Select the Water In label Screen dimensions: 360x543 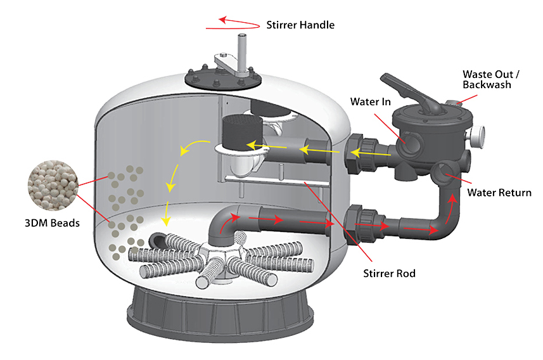(x=371, y=101)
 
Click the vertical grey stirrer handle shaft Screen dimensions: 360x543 (x=241, y=51)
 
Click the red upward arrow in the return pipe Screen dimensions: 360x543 (x=452, y=202)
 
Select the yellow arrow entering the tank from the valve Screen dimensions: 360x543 (x=374, y=153)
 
